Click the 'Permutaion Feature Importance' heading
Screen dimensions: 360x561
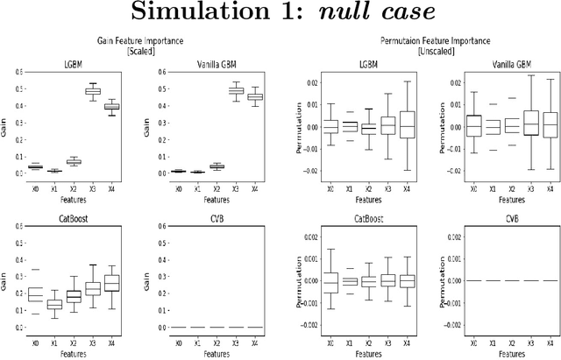click(423, 40)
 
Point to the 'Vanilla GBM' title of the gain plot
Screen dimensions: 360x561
click(205, 62)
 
